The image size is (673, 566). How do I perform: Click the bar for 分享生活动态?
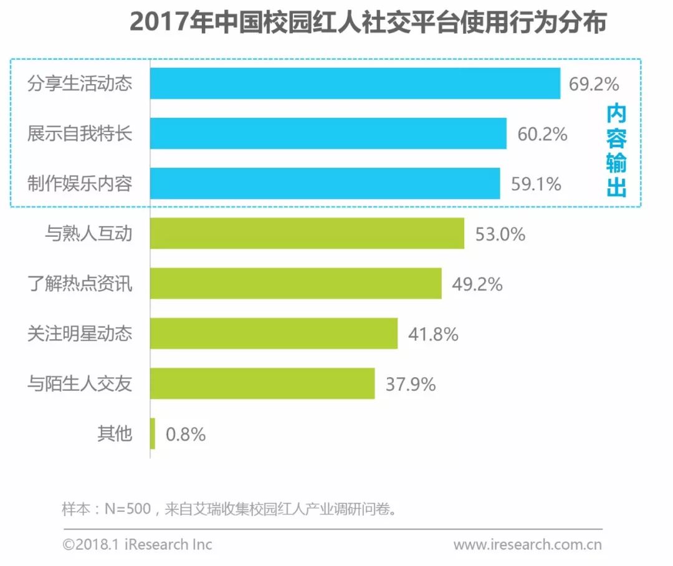tap(355, 84)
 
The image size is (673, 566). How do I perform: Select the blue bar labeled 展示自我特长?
tap(328, 133)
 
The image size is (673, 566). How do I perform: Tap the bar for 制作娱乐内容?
tap(325, 183)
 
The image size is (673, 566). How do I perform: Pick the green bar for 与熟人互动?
tap(307, 234)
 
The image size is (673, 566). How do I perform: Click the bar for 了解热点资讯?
tap(296, 284)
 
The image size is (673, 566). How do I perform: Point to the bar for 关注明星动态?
tap(274, 333)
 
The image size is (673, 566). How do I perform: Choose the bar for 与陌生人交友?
tap(262, 383)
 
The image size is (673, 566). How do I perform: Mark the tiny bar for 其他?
tap(153, 434)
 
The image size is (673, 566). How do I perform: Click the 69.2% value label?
tap(593, 84)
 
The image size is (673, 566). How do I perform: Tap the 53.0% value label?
tap(500, 234)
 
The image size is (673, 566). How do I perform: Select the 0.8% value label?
tap(186, 434)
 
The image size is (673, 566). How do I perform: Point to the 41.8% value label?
tap(433, 334)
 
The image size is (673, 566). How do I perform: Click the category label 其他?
tap(115, 434)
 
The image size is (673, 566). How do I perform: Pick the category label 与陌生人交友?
tap(80, 383)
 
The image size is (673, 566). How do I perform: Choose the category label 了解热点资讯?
tap(80, 284)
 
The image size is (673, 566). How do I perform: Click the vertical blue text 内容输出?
tap(616, 150)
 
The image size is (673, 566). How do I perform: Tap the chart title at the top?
tap(368, 23)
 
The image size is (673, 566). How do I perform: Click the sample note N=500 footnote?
tap(231, 509)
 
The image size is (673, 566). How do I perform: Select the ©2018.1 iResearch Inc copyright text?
tap(137, 545)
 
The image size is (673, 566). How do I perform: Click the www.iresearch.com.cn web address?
tap(527, 545)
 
